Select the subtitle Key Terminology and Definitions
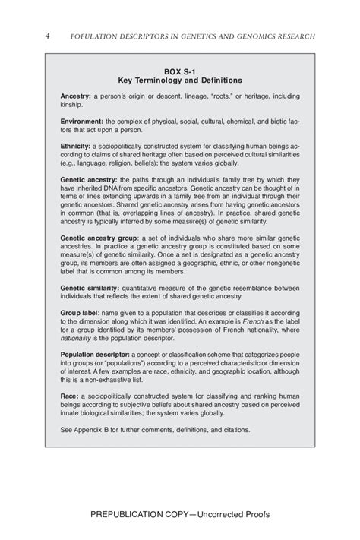[x=180, y=79]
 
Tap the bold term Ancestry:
[x=76, y=97]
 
